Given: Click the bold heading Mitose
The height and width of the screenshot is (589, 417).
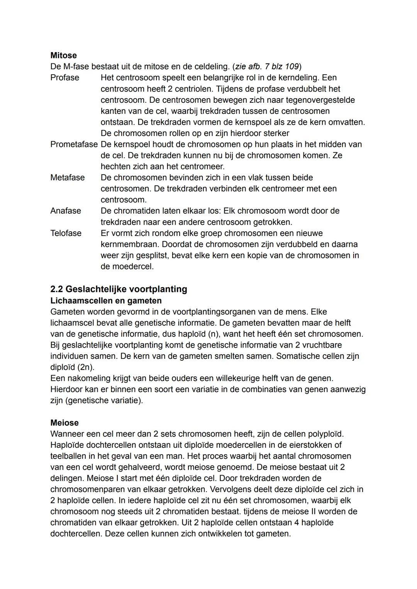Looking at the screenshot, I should coord(63,55).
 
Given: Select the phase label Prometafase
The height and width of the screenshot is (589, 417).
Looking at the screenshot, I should coord(74,144).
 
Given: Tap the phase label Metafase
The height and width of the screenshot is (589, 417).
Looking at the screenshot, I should coord(67,178).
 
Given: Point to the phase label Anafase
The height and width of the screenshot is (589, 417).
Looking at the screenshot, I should coord(66,211).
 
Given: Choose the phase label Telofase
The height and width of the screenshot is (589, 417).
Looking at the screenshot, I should coord(66,233).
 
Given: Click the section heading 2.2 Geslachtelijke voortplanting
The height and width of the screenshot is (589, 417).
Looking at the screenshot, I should coord(119,289).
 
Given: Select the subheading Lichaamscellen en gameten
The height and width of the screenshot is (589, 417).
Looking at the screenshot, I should coord(106,300).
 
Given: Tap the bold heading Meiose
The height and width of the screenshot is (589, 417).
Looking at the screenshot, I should coord(64,423).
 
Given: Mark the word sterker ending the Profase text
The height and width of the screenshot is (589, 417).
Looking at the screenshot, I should coord(276,133).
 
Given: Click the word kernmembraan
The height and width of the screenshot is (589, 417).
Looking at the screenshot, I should coord(130,244).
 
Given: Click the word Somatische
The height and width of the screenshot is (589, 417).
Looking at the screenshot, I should coord(297,356).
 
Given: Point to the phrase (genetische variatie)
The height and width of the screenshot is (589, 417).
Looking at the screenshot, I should coord(104,401).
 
